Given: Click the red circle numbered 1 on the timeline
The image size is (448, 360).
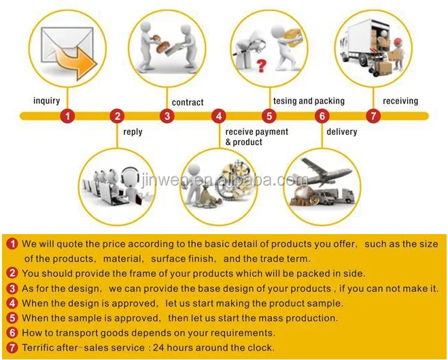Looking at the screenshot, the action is (67, 116).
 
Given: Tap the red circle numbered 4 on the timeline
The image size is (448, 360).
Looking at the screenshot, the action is (219, 116).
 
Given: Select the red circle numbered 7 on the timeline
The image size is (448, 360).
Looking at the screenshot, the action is (373, 116).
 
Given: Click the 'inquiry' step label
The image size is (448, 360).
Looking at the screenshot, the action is (47, 101).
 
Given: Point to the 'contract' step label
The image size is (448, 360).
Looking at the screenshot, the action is (188, 102).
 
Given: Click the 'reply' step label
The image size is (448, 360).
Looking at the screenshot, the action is (133, 132).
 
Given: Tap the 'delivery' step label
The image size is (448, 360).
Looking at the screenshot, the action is (342, 132).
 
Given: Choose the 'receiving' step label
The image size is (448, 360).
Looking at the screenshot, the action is (400, 101).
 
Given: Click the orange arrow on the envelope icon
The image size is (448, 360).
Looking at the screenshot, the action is (75, 62).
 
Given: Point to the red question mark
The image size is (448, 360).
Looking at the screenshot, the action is (261, 65).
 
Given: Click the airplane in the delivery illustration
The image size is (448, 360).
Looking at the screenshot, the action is (326, 172).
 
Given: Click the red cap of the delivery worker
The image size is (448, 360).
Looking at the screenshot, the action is (398, 42).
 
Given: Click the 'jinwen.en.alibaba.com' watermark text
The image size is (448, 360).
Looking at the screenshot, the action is (224, 180).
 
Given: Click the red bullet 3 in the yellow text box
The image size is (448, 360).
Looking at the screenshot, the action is (12, 289).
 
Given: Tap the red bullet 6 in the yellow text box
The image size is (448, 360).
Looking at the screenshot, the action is (12, 333).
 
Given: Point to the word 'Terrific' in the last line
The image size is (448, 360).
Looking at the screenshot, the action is (38, 348).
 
